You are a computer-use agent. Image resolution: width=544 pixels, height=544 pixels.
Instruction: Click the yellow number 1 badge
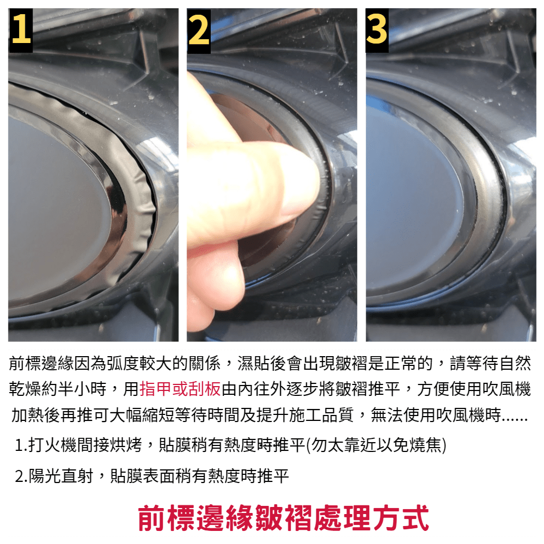21,30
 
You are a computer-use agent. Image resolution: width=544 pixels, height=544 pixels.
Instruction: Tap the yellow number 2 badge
199,31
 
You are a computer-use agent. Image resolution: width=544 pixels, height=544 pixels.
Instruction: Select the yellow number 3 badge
377,30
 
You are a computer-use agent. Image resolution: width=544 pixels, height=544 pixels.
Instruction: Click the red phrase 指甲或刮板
180,389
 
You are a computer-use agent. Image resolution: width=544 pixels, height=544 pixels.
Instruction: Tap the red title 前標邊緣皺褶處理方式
284,518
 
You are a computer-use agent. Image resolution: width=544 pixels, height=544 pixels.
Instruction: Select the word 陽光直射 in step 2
60,476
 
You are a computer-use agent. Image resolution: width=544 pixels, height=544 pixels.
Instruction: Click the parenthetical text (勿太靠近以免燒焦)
377,445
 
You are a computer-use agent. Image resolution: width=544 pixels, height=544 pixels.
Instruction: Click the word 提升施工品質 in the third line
305,415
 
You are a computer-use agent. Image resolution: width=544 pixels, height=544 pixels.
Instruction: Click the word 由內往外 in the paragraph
254,389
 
